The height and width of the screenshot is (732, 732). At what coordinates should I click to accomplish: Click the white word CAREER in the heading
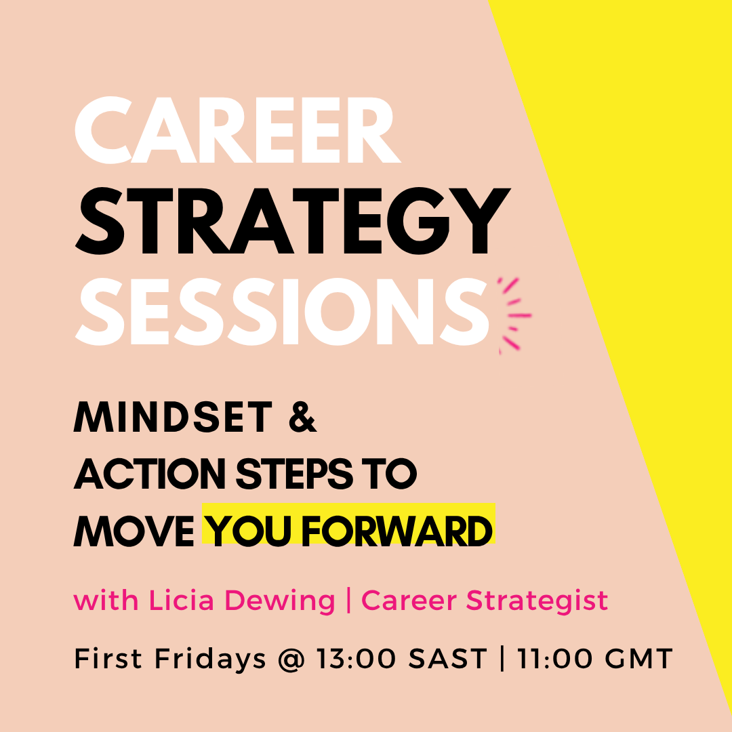click(x=238, y=130)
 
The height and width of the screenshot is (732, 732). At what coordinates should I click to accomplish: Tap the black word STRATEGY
click(x=293, y=221)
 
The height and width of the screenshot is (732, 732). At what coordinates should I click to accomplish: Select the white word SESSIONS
click(x=281, y=312)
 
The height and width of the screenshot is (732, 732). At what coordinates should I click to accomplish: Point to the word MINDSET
click(x=173, y=417)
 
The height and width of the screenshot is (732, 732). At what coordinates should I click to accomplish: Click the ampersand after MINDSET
click(x=302, y=417)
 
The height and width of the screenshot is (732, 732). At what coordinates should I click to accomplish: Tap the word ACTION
click(x=149, y=474)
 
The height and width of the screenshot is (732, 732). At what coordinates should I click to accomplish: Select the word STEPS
click(x=295, y=474)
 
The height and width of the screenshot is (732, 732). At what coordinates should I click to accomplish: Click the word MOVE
click(x=134, y=531)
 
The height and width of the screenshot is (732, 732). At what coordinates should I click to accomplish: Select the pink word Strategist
click(x=537, y=601)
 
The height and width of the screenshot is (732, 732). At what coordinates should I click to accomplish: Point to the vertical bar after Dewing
click(x=349, y=601)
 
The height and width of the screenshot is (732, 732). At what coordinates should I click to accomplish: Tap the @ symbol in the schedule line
click(x=290, y=659)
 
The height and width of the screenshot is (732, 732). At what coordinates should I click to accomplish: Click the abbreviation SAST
click(x=448, y=659)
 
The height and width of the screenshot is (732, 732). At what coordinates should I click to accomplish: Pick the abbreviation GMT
click(x=638, y=659)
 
